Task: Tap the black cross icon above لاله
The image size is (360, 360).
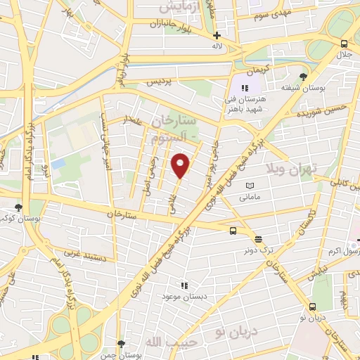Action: tap(217, 35)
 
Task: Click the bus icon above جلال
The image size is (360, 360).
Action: tap(343, 43)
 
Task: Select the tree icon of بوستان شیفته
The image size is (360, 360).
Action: tap(303, 76)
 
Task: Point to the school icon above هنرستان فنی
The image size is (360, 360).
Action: tap(245, 88)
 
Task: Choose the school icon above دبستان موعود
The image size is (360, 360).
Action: tap(184, 286)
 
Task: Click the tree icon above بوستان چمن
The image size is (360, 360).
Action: tap(122, 345)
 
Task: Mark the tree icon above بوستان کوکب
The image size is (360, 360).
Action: tap(18, 207)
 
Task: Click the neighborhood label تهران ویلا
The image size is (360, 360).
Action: tap(292, 169)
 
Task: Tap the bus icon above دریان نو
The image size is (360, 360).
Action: tap(312, 307)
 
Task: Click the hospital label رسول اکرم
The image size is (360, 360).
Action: tap(345, 251)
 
